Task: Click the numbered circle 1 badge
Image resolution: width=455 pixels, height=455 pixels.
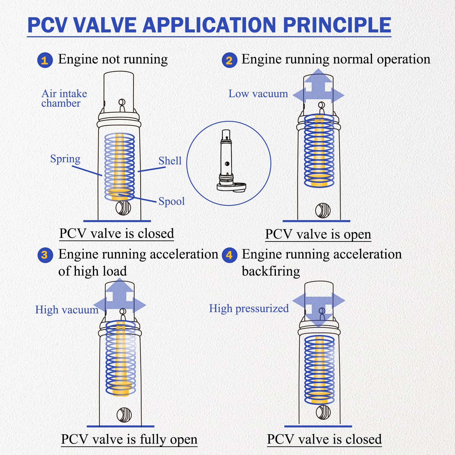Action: pos(45,60)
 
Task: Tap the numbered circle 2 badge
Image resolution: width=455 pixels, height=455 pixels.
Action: pos(229,60)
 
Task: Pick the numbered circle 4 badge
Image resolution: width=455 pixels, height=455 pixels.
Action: pos(229,255)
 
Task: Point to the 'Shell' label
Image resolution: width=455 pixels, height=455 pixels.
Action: pos(170,161)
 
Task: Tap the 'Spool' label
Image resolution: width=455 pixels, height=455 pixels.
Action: pos(171,201)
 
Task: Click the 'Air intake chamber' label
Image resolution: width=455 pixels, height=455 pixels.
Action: pos(64,98)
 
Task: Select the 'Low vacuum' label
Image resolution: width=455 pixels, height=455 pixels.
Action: pos(258,94)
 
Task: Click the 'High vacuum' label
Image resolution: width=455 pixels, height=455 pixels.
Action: pos(67,310)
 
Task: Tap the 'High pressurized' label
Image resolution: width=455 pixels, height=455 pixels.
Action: pos(249,309)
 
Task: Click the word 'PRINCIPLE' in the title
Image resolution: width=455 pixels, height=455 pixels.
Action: pos(337,25)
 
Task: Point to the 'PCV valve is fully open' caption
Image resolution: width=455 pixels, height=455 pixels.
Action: pos(129,439)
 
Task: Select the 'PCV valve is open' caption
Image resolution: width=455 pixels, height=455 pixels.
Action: pos(318,234)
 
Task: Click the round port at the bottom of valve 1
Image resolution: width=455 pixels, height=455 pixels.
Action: pos(123,208)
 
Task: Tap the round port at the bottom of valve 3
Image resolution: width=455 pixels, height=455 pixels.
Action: pos(124,415)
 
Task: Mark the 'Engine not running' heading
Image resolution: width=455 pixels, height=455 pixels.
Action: pos(113,59)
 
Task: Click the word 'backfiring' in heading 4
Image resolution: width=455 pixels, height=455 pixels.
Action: pos(271,272)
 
